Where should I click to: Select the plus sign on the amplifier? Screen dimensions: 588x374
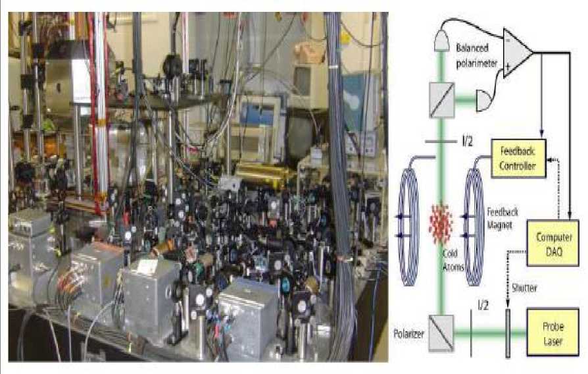(509, 64)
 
